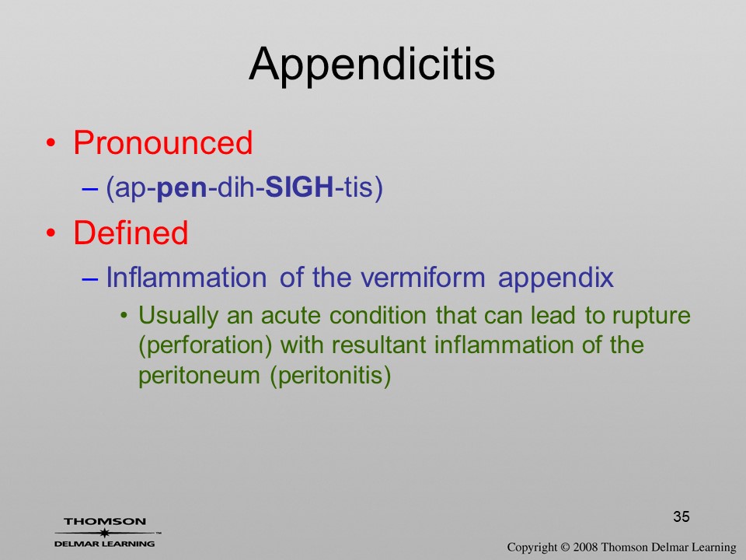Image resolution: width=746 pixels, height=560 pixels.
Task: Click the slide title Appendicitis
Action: point(372,64)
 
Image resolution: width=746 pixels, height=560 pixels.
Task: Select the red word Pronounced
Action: point(162,142)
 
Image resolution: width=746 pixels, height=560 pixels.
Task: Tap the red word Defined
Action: point(131,233)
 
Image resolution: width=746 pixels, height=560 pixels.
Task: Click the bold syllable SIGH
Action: point(299,187)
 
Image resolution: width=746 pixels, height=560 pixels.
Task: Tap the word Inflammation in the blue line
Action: point(186,277)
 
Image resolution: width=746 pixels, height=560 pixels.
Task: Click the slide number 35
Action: point(682,516)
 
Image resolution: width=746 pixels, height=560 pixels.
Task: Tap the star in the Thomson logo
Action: point(104,533)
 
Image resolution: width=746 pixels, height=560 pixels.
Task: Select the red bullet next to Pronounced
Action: point(51,143)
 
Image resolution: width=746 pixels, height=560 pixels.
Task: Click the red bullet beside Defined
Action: point(51,233)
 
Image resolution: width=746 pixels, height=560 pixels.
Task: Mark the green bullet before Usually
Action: point(124,316)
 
